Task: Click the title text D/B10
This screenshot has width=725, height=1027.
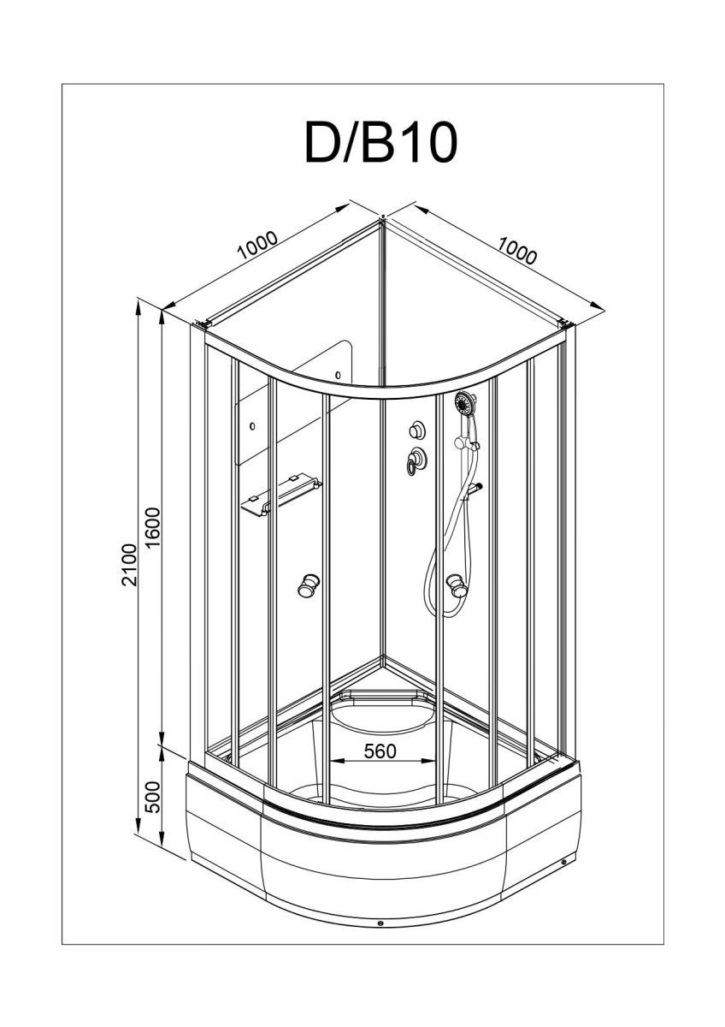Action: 380,143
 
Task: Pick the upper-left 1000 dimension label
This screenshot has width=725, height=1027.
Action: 258,246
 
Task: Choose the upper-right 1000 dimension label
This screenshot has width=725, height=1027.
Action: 516,250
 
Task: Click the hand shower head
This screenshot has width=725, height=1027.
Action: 465,404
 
